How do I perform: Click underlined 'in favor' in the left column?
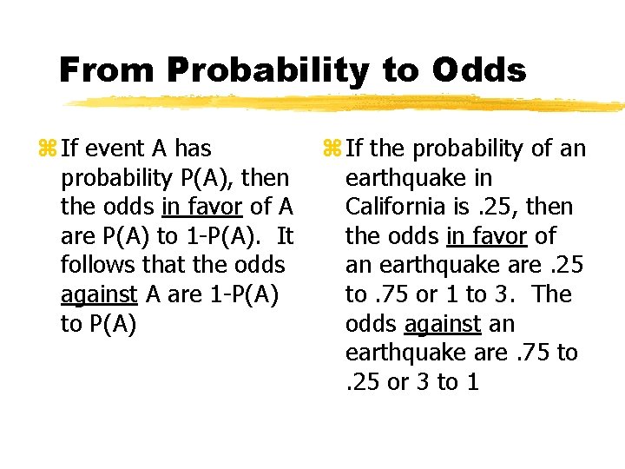[201, 208]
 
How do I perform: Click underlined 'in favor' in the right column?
[486, 236]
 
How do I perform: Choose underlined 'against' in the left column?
[99, 295]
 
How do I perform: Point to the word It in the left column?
[285, 236]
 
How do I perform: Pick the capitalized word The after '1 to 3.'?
[553, 294]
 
